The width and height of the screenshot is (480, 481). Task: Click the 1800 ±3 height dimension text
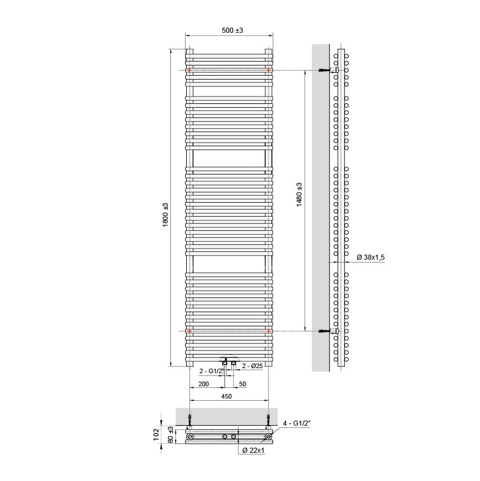point(165,215)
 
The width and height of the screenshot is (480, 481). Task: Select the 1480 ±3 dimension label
point(300,194)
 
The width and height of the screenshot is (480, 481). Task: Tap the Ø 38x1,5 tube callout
point(371,257)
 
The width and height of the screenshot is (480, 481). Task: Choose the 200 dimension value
point(204,384)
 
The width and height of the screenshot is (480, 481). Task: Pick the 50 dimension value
point(243,384)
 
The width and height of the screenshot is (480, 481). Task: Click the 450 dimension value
point(226,396)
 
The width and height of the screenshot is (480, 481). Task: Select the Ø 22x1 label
point(253,450)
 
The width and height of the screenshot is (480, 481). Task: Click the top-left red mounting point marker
point(190,70)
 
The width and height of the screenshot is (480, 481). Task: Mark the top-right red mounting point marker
point(268,70)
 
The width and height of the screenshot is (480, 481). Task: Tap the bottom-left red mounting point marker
point(190,331)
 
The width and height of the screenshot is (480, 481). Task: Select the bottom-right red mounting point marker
point(268,331)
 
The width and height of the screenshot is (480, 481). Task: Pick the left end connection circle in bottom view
point(190,437)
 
